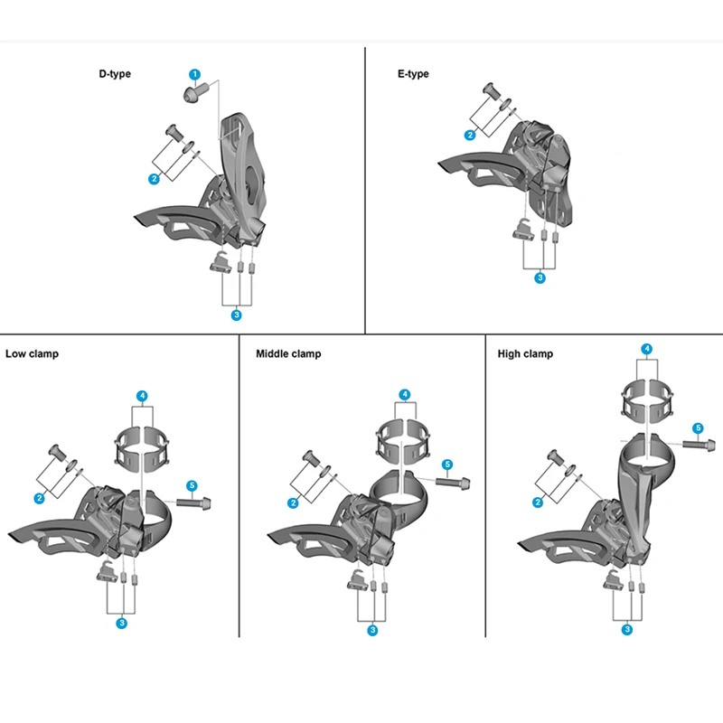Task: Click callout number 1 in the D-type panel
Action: [x=194, y=73]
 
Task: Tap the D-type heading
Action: [x=115, y=74]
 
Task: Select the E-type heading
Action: [x=413, y=74]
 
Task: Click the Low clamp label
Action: [x=32, y=353]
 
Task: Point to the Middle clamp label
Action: [x=288, y=353]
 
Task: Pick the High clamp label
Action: [x=525, y=353]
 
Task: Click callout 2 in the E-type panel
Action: [x=470, y=136]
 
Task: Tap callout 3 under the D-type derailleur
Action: [x=237, y=315]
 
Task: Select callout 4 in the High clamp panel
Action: [x=646, y=348]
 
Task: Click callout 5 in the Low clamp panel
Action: [x=192, y=486]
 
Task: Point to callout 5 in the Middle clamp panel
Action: [x=447, y=465]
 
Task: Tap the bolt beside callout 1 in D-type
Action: [x=194, y=90]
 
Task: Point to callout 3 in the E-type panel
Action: [x=540, y=278]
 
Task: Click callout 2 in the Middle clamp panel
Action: [x=293, y=502]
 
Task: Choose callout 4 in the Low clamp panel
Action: [x=142, y=396]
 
